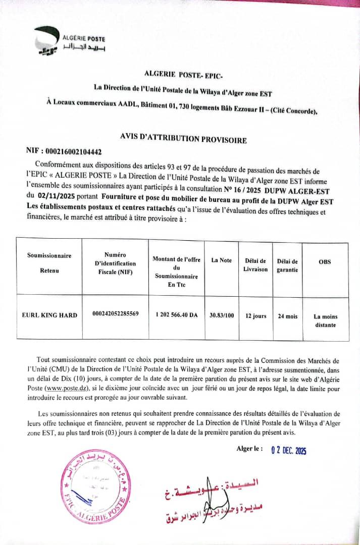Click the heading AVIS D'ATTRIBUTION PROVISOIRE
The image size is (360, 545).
(x=183, y=137)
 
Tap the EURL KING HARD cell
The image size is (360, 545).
(x=49, y=315)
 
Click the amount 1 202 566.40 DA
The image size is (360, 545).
(x=177, y=314)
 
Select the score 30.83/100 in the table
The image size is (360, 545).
(x=222, y=315)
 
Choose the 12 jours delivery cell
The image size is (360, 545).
(x=255, y=316)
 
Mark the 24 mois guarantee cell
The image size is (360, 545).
(x=288, y=316)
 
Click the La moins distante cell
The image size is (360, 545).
(x=325, y=320)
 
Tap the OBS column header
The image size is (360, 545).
(x=325, y=262)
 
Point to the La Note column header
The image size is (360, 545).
(x=222, y=260)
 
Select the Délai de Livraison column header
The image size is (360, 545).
(x=255, y=265)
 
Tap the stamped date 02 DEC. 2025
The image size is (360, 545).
(x=289, y=451)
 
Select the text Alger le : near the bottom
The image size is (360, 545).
(x=249, y=449)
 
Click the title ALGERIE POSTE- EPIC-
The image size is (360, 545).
(x=180, y=74)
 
